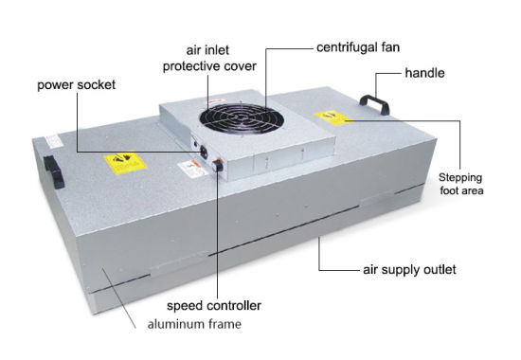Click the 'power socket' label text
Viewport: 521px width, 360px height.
pyautogui.click(x=76, y=85)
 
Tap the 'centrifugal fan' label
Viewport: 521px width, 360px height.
pyautogui.click(x=358, y=47)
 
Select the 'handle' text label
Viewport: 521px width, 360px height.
pyautogui.click(x=424, y=73)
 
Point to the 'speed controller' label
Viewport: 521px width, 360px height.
pyautogui.click(x=214, y=305)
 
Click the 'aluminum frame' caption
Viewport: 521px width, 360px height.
pyautogui.click(x=194, y=324)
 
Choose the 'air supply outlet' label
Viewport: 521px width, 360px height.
pyautogui.click(x=409, y=270)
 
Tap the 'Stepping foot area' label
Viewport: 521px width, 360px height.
pyautogui.click(x=461, y=184)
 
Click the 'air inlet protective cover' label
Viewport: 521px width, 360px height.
pyautogui.click(x=209, y=58)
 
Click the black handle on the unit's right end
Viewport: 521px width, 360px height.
pyautogui.click(x=374, y=104)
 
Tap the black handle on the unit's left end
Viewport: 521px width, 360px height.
pyautogui.click(x=54, y=172)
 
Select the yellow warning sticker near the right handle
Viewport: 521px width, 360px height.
pyautogui.click(x=332, y=118)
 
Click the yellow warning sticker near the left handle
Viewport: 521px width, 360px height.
pyautogui.click(x=125, y=162)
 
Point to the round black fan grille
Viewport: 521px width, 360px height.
pyautogui.click(x=242, y=118)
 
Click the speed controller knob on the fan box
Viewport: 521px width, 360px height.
pyautogui.click(x=218, y=165)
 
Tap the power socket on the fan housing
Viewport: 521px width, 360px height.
pyautogui.click(x=204, y=153)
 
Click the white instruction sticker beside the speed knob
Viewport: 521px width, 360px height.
pyautogui.click(x=193, y=168)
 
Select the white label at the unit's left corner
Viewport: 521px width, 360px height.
pyautogui.click(x=53, y=141)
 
